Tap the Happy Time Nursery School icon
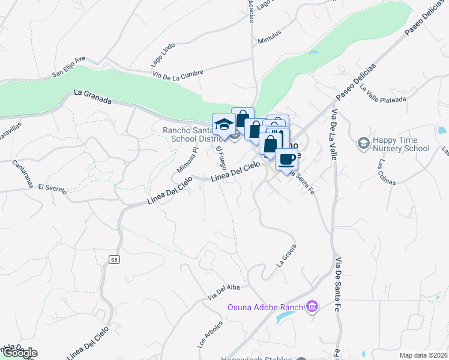(363, 143)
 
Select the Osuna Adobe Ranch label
(265, 308)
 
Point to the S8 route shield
(114, 259)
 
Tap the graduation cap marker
(224, 124)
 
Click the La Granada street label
(93, 97)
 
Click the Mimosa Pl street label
(187, 159)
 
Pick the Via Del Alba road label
(223, 292)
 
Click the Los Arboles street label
(209, 335)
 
